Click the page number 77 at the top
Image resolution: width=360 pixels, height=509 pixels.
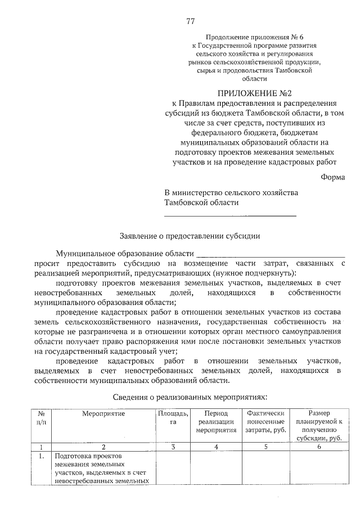190,22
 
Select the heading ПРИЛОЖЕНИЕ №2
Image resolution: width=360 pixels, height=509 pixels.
254,93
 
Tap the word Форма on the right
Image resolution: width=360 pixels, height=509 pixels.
333,177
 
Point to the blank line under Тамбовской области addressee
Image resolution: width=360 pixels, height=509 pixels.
230,214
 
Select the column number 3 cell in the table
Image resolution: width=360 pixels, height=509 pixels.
173,447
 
